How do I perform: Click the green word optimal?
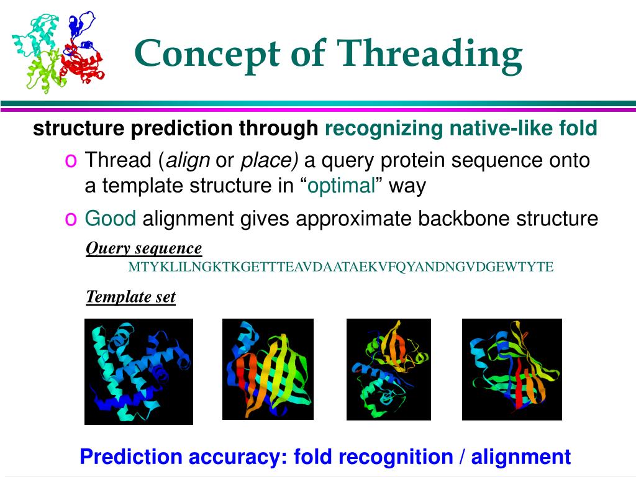click(341, 186)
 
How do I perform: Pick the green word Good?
click(110, 218)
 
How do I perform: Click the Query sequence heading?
click(143, 248)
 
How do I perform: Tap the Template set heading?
click(130, 296)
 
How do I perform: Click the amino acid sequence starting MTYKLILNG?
click(341, 267)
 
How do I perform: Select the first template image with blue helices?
click(139, 371)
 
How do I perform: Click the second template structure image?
click(268, 369)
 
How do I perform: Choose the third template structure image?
click(389, 370)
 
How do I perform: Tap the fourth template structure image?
click(512, 370)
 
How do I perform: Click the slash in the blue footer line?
click(462, 457)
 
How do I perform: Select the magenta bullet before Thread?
click(71, 161)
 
